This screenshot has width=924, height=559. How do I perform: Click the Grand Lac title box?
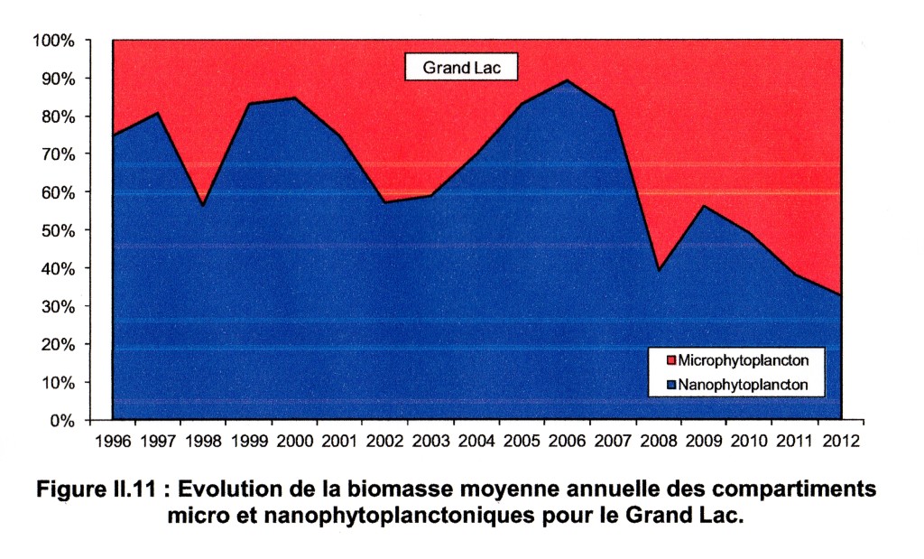pos(458,66)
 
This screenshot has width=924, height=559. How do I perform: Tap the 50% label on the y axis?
pos(56,230)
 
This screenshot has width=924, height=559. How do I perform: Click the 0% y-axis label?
pos(60,420)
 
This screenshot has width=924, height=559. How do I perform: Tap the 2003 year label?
pos(429,442)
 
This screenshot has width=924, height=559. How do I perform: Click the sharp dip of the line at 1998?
pos(202,206)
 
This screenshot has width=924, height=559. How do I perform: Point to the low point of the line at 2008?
pos(658,270)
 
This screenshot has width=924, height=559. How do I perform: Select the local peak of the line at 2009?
pos(703,206)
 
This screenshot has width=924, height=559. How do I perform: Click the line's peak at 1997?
pos(158,113)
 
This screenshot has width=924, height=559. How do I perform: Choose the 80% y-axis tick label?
pos(56,116)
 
